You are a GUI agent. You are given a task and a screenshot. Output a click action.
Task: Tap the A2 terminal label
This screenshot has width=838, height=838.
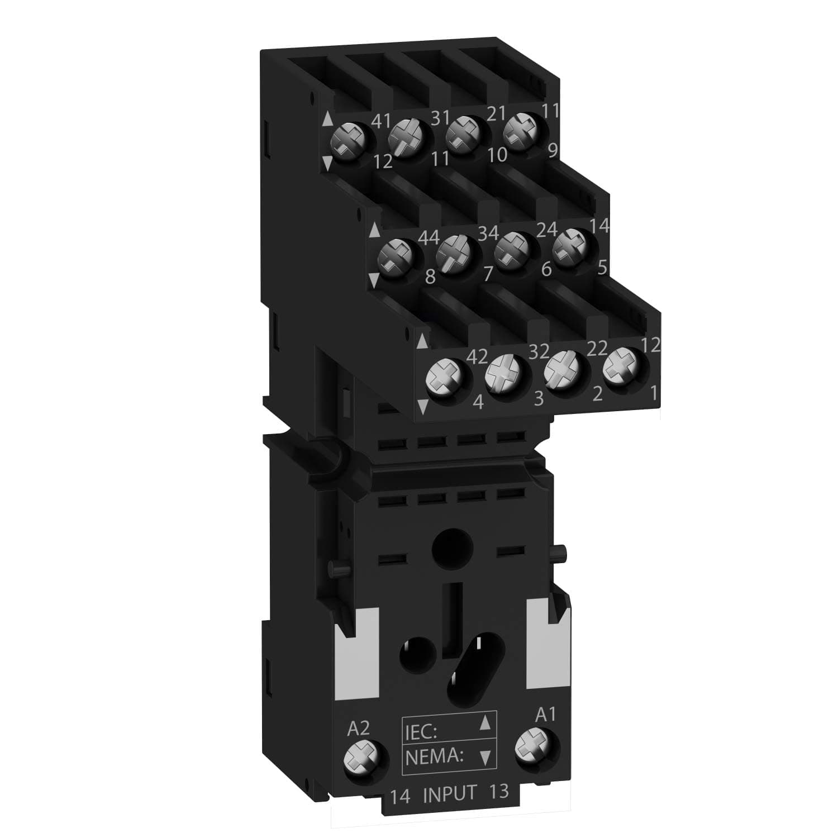click(359, 728)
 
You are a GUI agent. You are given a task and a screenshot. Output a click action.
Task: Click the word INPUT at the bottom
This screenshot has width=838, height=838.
click(449, 794)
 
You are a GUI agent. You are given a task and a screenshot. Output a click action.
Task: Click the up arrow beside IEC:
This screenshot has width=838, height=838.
click(486, 724)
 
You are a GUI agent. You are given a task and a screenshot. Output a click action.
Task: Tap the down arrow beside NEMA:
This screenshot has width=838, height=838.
click(486, 758)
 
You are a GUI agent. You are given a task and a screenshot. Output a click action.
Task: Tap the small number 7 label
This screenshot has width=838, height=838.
click(487, 274)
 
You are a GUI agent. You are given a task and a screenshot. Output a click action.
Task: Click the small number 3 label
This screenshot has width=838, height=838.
click(539, 398)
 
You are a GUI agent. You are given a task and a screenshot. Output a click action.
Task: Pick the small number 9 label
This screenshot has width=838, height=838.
click(553, 151)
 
